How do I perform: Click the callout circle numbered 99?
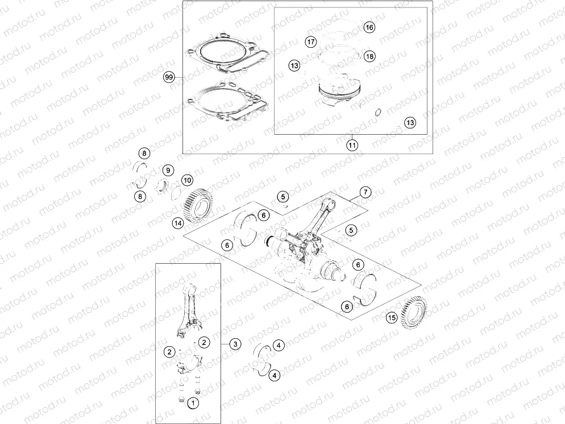pyautogui.click(x=168, y=77)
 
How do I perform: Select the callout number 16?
pyautogui.click(x=369, y=27)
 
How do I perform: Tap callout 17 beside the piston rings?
pyautogui.click(x=310, y=42)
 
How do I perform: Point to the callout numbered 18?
pyautogui.click(x=369, y=56)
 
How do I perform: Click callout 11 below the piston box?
pyautogui.click(x=352, y=145)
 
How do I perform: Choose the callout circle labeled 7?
pyautogui.click(x=365, y=192)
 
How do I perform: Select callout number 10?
pyautogui.click(x=187, y=180)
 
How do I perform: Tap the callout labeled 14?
pyautogui.click(x=178, y=223)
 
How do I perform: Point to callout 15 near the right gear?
pyautogui.click(x=391, y=318)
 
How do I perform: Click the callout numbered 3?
pyautogui.click(x=235, y=344)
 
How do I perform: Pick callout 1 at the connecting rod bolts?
pyautogui.click(x=193, y=403)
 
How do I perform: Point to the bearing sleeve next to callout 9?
pyautogui.click(x=163, y=185)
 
